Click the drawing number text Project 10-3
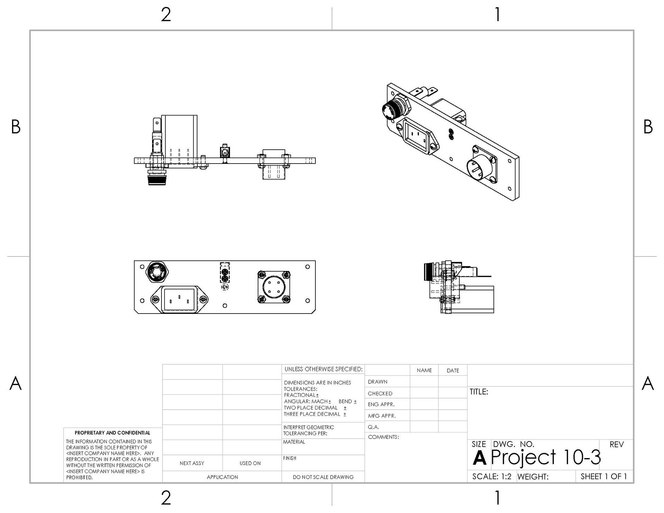point(546,458)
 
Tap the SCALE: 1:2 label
point(492,477)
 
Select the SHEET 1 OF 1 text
point(604,477)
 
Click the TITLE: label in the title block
point(479,392)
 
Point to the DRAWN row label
point(378,382)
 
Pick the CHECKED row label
point(380,394)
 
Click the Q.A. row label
point(373,427)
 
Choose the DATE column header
point(453,371)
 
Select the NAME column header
point(424,371)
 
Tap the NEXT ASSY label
point(192,463)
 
